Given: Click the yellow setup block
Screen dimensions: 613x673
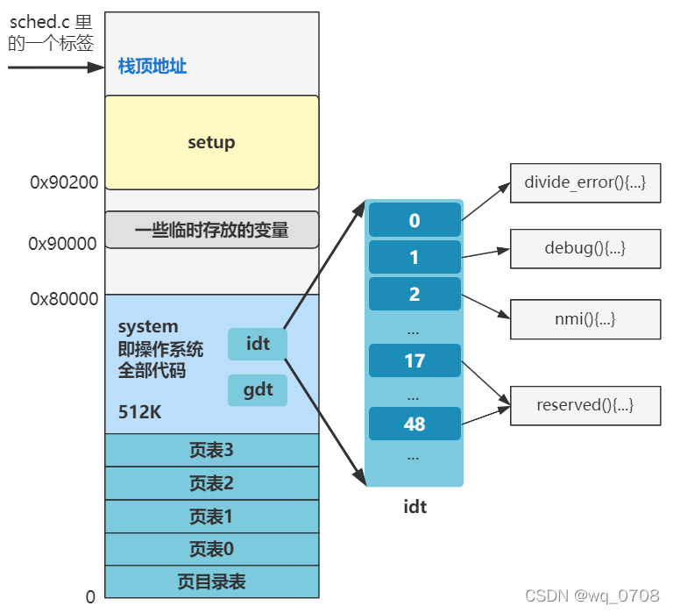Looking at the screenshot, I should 211,142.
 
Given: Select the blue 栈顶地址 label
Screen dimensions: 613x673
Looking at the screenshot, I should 152,66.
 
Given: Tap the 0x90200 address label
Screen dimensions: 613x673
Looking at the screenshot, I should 64,182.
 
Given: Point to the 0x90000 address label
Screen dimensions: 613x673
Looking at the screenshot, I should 62,244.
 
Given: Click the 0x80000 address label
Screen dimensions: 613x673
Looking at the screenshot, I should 64,299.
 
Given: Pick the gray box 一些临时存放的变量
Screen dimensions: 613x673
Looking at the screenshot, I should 211,230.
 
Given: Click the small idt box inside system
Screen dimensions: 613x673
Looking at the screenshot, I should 258,343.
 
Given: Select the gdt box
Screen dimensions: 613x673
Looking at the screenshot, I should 258,389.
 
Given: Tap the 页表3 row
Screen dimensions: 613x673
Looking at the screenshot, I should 211,451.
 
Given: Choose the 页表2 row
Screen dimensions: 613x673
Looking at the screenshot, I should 211,483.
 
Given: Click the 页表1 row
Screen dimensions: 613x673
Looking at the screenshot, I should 211,517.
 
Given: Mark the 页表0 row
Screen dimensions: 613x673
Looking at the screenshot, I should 211,549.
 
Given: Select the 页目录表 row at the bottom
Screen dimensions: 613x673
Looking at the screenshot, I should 211,581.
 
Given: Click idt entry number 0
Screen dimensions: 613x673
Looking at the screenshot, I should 414,220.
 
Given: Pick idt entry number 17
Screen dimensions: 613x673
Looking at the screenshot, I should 414,360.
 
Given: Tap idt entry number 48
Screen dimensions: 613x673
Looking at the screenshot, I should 414,424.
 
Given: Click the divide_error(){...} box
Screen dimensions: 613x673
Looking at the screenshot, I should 585,182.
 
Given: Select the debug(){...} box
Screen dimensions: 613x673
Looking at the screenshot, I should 585,248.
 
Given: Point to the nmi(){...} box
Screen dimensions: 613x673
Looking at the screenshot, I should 585,319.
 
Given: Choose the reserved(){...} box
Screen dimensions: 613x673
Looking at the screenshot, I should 585,405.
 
